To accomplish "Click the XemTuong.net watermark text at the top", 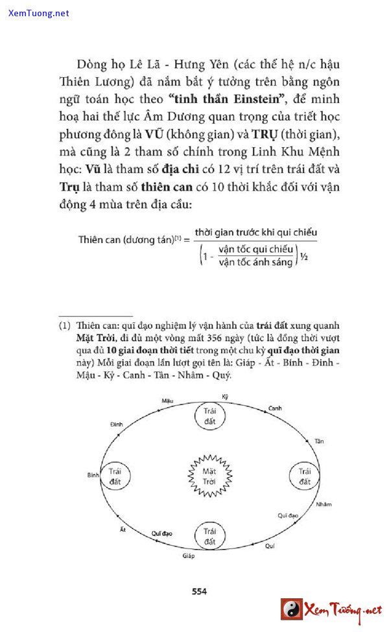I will pos(39,13).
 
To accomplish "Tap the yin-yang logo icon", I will pos(292,609).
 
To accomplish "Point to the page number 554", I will pos(199,591).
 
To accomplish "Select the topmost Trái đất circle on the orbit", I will pos(210,416).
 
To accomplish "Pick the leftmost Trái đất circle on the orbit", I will pos(115,476).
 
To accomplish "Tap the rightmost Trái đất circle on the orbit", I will pos(305,476).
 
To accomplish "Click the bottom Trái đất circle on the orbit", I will pos(209,536).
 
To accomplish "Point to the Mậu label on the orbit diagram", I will pos(168,401).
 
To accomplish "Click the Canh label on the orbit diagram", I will pos(275,408).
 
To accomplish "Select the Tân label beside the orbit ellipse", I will pos(318,441).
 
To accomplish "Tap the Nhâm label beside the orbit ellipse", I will pos(324,504).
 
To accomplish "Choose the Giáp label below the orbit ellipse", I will pos(189,556).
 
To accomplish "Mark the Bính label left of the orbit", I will pos(93,475).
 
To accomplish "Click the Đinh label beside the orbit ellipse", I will pos(117,423).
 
